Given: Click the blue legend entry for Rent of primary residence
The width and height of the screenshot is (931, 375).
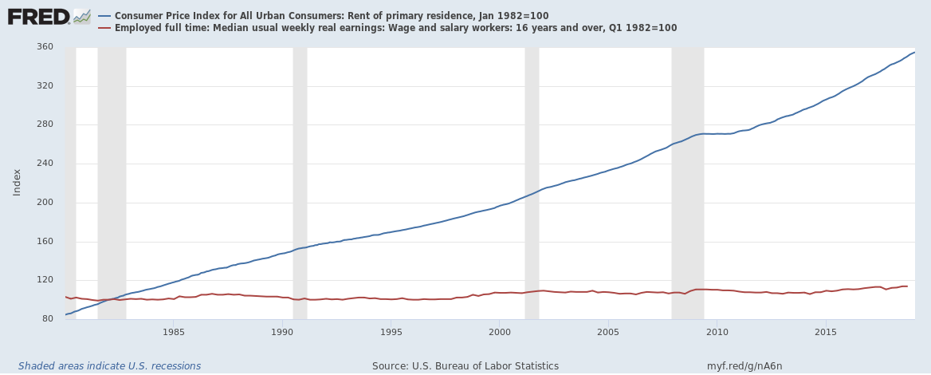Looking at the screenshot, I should pos(331,16).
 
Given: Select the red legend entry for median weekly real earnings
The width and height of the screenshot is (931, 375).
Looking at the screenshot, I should pos(395,28).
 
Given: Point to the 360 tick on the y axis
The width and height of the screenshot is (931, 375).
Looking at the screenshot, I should pos(45,47).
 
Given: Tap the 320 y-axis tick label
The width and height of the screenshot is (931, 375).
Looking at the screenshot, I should pos(45,86).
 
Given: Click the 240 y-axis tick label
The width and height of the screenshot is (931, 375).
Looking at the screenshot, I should pos(45,164).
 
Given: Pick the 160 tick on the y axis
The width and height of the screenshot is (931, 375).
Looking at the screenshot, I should pos(45,242).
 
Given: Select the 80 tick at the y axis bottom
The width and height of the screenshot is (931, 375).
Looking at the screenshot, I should pos(47,319).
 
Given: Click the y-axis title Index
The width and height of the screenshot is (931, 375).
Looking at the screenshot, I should pos(18,183).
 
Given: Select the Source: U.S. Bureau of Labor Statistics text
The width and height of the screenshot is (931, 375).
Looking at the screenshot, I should pos(465,366).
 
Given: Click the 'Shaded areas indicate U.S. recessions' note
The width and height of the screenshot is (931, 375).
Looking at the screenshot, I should pos(110,366).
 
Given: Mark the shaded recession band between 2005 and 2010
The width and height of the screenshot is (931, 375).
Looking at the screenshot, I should pos(687,183).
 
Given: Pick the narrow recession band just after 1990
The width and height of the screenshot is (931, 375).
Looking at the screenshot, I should pos(300,183).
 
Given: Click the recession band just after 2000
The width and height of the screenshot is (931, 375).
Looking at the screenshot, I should pos(532,183).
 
